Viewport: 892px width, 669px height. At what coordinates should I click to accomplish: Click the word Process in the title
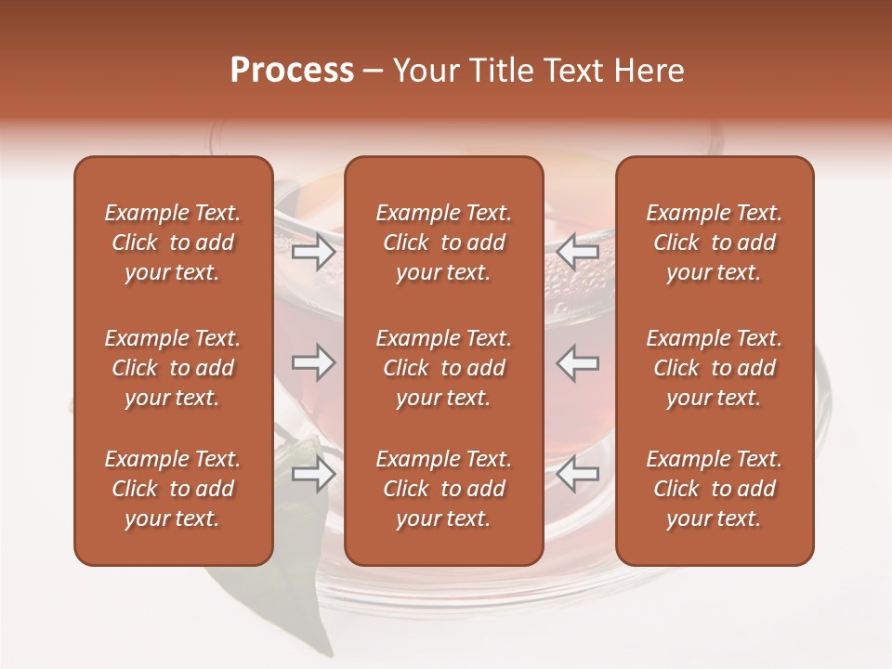[x=292, y=71]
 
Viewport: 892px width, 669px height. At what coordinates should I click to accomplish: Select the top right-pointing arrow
[x=313, y=252]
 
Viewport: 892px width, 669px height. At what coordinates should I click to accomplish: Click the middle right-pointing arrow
[x=313, y=362]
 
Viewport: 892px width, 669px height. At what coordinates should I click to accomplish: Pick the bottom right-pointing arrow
[x=313, y=475]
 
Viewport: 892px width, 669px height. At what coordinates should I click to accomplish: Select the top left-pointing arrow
[x=578, y=252]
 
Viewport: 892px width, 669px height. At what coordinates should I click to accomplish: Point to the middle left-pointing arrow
[x=578, y=362]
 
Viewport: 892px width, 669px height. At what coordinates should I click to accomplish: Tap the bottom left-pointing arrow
[x=578, y=475]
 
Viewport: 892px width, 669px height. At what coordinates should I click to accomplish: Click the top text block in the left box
[x=173, y=243]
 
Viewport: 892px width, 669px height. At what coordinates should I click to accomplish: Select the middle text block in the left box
[x=173, y=368]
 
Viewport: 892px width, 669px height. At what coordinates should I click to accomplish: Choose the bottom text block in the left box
[x=173, y=489]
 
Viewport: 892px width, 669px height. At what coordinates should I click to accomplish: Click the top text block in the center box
[x=443, y=243]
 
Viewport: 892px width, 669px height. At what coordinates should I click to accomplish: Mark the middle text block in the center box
[x=443, y=368]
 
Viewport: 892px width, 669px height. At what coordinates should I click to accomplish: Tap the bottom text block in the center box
[x=443, y=489]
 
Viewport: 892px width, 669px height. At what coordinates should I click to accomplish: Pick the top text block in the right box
[x=715, y=243]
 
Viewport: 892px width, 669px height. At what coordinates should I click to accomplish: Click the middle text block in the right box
[x=715, y=368]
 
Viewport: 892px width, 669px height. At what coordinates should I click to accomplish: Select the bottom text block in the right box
[x=715, y=489]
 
